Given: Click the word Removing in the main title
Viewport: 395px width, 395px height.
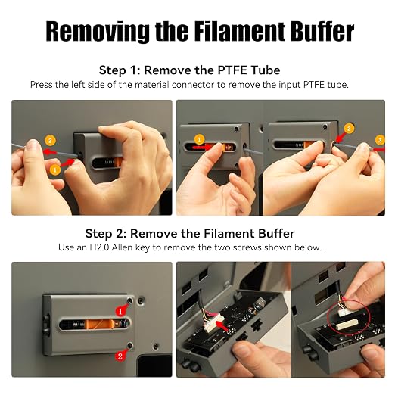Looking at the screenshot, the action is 98,31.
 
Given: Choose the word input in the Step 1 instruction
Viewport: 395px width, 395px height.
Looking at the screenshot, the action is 290,85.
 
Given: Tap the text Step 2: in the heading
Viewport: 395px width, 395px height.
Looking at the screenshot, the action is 106,234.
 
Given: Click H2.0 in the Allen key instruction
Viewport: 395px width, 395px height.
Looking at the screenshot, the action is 99,247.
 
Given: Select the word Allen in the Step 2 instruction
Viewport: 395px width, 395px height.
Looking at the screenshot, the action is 122,247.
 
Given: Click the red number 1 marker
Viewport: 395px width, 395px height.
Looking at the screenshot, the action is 120,311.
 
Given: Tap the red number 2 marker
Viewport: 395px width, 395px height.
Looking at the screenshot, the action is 120,356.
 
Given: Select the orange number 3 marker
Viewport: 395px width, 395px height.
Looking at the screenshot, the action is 380,140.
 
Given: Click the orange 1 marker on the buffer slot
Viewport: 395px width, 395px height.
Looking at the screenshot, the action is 199,140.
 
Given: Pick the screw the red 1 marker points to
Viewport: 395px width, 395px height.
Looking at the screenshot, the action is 129,300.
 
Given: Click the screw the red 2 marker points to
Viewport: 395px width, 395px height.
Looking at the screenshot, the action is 130,345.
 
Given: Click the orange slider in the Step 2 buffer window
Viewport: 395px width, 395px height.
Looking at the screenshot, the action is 99,324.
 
